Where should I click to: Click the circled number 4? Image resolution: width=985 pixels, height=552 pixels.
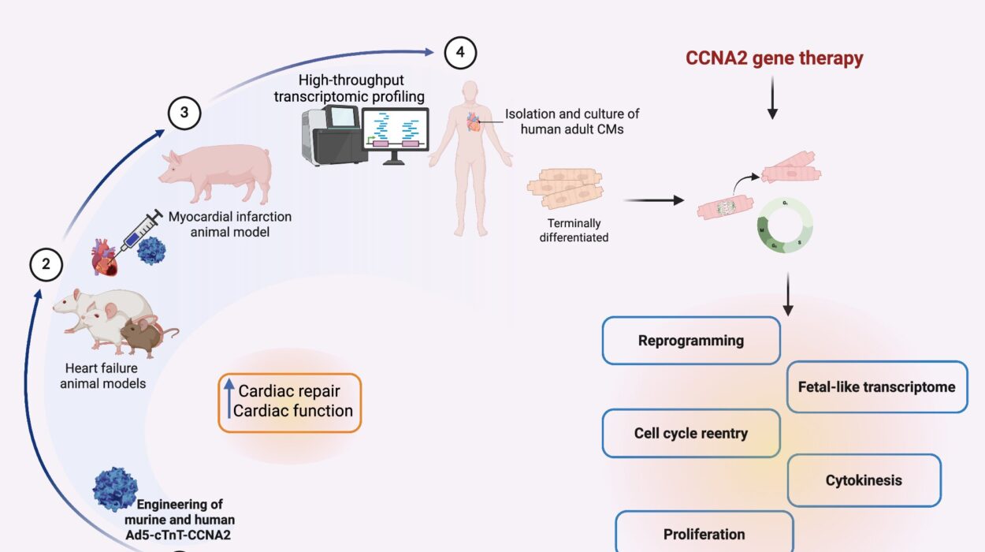click(460, 53)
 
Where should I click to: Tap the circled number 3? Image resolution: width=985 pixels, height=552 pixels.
click(184, 113)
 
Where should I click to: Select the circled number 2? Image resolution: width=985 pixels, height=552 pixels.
click(46, 265)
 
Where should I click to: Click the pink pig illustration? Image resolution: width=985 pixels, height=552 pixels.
click(217, 174)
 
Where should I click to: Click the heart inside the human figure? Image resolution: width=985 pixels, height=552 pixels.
click(474, 123)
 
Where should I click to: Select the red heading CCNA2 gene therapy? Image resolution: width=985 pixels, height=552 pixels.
click(775, 58)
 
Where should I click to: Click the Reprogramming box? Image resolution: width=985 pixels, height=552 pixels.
click(691, 341)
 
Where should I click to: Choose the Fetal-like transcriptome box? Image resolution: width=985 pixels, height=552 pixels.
click(876, 387)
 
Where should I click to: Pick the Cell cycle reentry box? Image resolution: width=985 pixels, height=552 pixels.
click(691, 433)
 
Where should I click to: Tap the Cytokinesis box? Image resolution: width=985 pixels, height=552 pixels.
click(864, 479)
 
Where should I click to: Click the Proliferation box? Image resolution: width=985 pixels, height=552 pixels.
click(704, 533)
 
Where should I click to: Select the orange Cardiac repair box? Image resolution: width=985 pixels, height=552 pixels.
click(289, 401)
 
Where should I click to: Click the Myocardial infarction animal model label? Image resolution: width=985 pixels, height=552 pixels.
click(229, 223)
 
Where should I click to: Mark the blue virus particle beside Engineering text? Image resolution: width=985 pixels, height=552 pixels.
click(115, 489)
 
